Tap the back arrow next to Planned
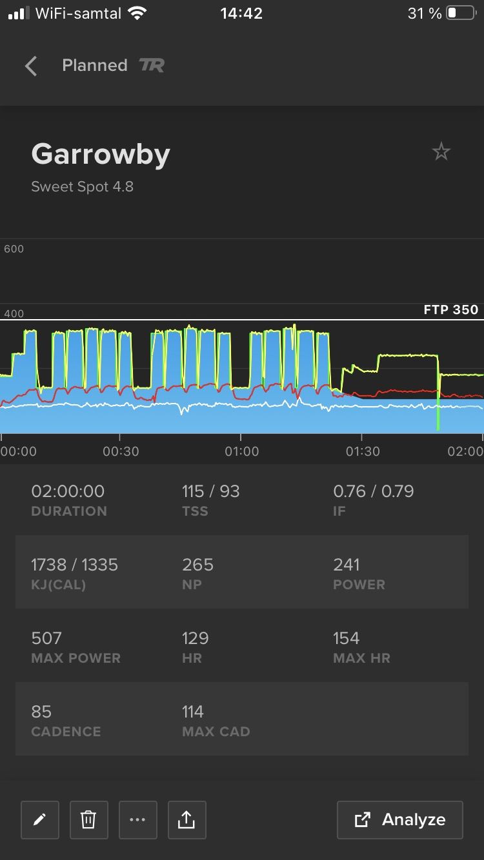(31, 66)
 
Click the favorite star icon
(441, 152)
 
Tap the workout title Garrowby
(101, 155)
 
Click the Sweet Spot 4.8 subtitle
(83, 187)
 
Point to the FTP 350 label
(450, 309)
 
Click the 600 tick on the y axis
(14, 249)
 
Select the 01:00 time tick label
(241, 451)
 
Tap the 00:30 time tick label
(121, 451)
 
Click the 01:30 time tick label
(363, 451)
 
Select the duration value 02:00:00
(68, 491)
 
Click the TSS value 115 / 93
(211, 491)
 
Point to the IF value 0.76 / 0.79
(374, 491)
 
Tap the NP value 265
(197, 565)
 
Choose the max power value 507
(46, 638)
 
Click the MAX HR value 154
(346, 638)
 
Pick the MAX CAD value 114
(193, 712)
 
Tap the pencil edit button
(40, 820)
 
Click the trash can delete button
(88, 820)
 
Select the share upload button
(187, 820)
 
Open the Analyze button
(400, 820)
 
